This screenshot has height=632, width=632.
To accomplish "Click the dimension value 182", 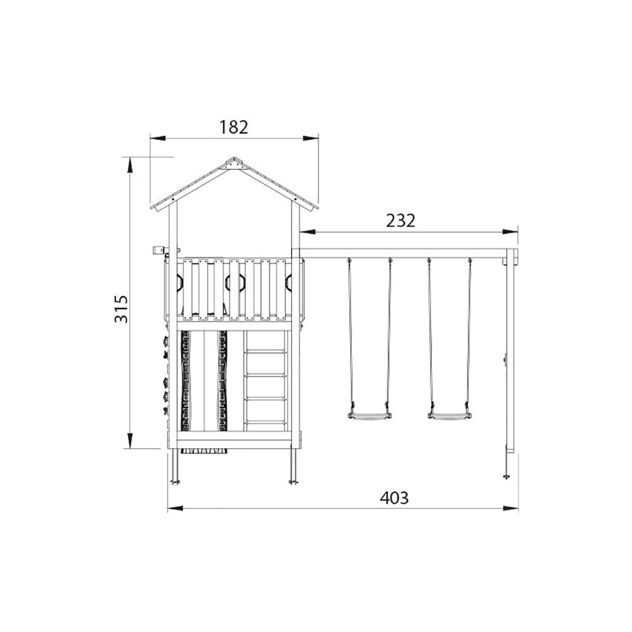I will (234, 127).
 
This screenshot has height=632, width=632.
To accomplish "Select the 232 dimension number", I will (401, 221).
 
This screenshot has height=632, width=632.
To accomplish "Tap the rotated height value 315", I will (121, 308).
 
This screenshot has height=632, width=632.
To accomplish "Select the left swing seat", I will (369, 416).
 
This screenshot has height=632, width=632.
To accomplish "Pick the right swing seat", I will (449, 416).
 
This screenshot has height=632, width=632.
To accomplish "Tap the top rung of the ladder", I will (265, 351).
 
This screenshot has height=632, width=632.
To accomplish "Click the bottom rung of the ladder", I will (265, 421).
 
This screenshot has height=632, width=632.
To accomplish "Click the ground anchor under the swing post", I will (506, 474).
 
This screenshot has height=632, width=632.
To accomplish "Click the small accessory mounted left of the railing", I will (158, 250).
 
